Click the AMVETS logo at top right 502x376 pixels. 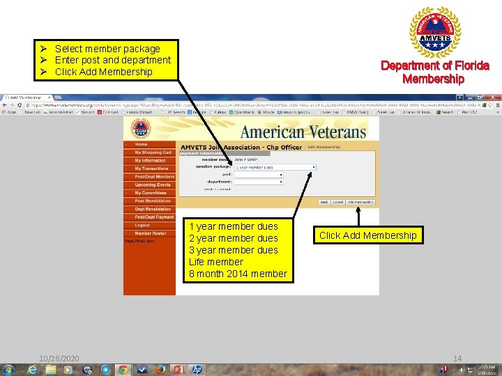pos(434,32)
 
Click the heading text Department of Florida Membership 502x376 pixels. pos(434,72)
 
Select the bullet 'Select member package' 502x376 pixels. pos(107,49)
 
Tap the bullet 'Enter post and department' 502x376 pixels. pos(112,60)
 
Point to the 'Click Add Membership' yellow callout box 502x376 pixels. pos(367,235)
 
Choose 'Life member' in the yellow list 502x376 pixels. pos(216,262)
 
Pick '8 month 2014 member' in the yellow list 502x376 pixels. pos(238,274)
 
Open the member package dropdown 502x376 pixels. pos(275,167)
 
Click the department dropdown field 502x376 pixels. pos(259,182)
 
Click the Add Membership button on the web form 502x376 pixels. pos(361,202)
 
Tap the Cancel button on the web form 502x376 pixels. pos(338,202)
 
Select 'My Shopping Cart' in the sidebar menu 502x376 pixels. pos(153,152)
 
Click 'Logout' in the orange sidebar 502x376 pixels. pos(142,225)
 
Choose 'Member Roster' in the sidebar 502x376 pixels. pos(150,233)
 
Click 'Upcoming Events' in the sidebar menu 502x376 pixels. pos(153,185)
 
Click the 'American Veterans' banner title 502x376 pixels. pos(303,132)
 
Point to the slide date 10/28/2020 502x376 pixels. pos(59,359)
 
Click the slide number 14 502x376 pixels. pos(457,359)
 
